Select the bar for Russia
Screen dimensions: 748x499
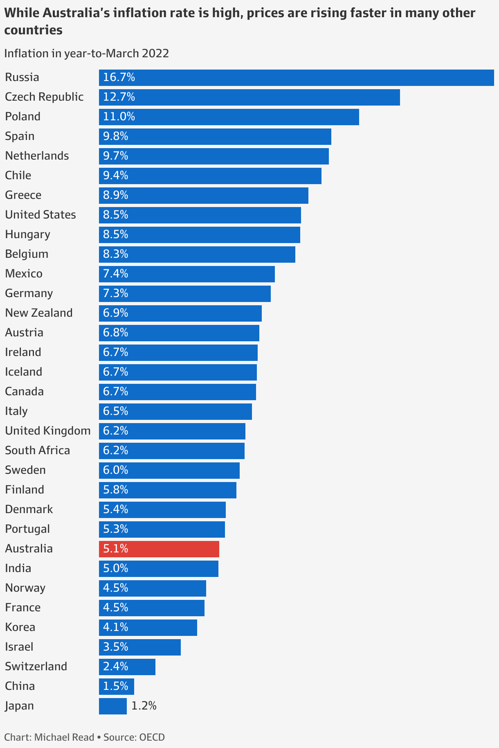tap(296, 78)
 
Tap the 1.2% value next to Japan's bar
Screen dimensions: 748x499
tap(144, 706)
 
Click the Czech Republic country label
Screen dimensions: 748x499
tap(44, 97)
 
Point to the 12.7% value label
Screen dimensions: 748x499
tap(119, 97)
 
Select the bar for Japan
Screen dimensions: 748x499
tap(113, 706)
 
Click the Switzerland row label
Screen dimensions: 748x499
tap(36, 667)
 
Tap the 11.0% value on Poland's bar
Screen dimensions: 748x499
tap(119, 117)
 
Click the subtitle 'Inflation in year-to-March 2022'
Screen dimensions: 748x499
tap(86, 54)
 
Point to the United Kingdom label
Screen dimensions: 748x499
tap(48, 431)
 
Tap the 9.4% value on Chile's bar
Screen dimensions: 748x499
tap(116, 176)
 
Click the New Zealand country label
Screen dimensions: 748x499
tap(39, 313)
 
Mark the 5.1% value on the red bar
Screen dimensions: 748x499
tap(116, 549)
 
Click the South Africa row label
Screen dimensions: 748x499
tap(38, 451)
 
